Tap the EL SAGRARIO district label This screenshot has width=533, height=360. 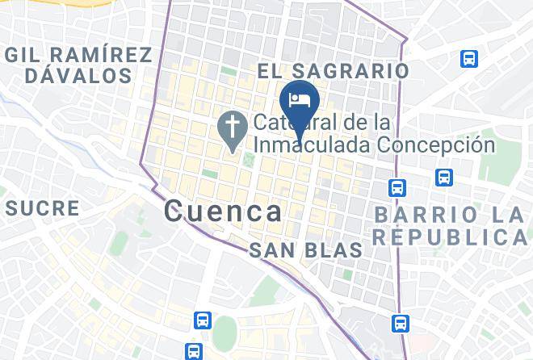[333, 71]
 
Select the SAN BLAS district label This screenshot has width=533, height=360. [305, 250]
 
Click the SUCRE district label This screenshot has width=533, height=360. [43, 208]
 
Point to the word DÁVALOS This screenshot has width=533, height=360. [78, 76]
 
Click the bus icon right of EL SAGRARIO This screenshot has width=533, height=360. [468, 58]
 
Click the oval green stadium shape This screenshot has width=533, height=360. [225, 333]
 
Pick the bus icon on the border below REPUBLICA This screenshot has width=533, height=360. [399, 324]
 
